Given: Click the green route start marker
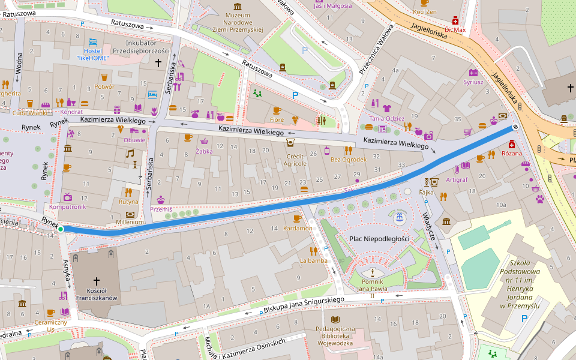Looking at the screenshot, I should coord(61,229).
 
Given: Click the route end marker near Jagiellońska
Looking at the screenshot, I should coord(515,127).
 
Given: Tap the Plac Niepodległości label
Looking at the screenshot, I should coord(379,239).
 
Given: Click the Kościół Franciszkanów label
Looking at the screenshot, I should coord(97,293).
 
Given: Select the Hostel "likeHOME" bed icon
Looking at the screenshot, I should coord(92,43).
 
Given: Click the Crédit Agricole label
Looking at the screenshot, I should coord(295,159).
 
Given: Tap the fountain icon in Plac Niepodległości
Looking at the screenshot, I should coord(397,217).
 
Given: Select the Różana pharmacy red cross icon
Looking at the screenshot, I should coord(511,144).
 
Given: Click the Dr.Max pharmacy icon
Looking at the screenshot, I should coord(455,20).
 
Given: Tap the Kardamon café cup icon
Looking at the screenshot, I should coord(297,218).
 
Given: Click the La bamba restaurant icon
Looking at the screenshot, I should coord(313,251).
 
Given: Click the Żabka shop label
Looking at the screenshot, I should coord(204,151).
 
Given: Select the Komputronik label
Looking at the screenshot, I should coord(67,206).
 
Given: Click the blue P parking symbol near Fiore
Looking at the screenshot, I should coord(295,95).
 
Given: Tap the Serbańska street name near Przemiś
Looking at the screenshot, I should coord(150,174).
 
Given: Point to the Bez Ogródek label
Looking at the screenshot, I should coord(348,160).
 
